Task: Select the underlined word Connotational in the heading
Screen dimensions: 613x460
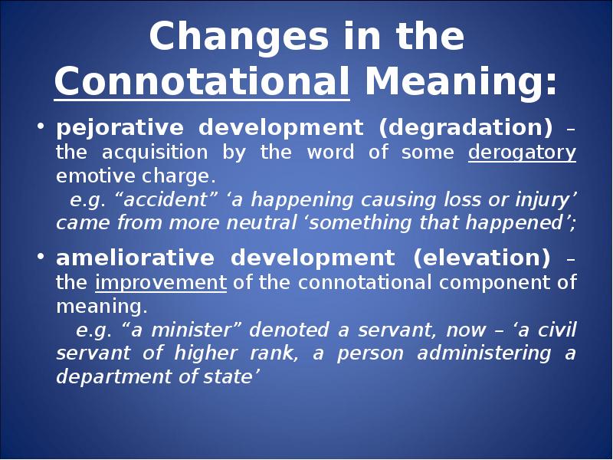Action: pos(202,81)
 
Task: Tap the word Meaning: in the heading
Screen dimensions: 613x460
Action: pos(461,81)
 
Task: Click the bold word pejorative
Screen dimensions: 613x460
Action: pos(120,128)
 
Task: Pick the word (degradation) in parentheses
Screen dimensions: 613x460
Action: pos(466,128)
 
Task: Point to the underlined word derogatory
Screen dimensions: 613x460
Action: pos(522,152)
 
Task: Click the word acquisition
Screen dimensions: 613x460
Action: pos(155,152)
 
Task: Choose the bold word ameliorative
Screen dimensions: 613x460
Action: pos(136,258)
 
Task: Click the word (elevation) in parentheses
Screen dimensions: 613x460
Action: pos(481,258)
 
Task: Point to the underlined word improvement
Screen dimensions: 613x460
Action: pos(161,282)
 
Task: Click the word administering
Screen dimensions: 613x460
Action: pos(484,353)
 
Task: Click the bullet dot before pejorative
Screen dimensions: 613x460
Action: pos(40,126)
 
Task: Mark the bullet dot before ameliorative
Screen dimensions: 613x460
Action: pos(40,256)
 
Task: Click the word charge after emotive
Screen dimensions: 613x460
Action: pos(179,176)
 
